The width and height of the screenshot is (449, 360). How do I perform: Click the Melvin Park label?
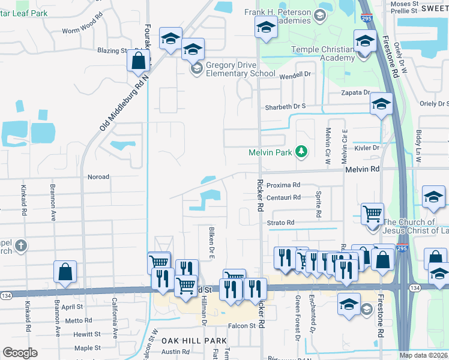270,152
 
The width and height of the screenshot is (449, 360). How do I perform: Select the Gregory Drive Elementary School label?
241,70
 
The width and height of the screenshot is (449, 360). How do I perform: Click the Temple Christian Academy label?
324,53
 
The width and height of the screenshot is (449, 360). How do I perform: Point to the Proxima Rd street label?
283,185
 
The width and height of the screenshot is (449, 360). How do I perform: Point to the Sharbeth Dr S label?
286,106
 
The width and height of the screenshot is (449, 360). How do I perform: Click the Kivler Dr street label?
367,148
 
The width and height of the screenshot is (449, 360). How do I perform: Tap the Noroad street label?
98,177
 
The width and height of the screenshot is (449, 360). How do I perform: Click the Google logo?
20,353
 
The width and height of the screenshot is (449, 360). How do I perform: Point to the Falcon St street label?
242,326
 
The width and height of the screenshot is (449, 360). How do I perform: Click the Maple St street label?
88,348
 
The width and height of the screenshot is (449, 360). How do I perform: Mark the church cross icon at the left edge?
21,245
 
